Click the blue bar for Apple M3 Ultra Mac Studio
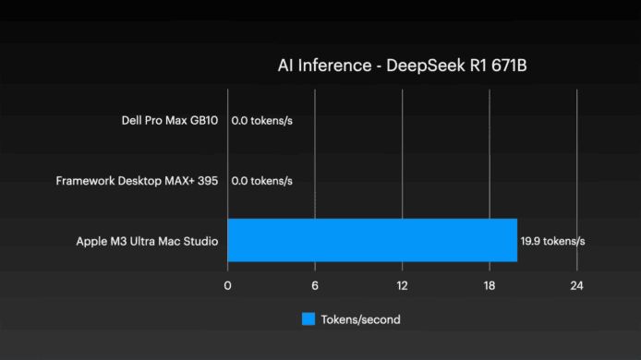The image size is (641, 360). pyautogui.click(x=372, y=240)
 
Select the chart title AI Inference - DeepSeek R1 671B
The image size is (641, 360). pyautogui.click(x=403, y=66)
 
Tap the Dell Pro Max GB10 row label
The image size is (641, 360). pyautogui.click(x=170, y=121)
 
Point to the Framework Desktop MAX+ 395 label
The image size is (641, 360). pyautogui.click(x=137, y=181)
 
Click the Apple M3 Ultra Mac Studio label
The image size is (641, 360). pyautogui.click(x=147, y=242)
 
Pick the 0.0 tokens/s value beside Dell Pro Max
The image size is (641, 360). pyautogui.click(x=262, y=121)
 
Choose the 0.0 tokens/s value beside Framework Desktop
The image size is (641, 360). pyautogui.click(x=262, y=181)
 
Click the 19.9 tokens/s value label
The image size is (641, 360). pyautogui.click(x=552, y=241)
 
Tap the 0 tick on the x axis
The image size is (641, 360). pyautogui.click(x=228, y=285)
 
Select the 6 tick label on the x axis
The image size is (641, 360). pyautogui.click(x=315, y=285)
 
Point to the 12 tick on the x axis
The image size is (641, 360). pyautogui.click(x=403, y=285)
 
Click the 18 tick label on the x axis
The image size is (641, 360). pyautogui.click(x=490, y=285)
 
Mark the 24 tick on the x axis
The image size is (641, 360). pyautogui.click(x=577, y=285)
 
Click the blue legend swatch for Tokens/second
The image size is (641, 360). pyautogui.click(x=308, y=319)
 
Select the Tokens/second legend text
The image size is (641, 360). pyautogui.click(x=360, y=319)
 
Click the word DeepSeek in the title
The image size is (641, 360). pyautogui.click(x=426, y=66)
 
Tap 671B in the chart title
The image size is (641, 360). pyautogui.click(x=509, y=66)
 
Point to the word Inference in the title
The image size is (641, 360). pyautogui.click(x=334, y=66)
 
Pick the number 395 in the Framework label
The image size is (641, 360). pyautogui.click(x=208, y=181)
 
